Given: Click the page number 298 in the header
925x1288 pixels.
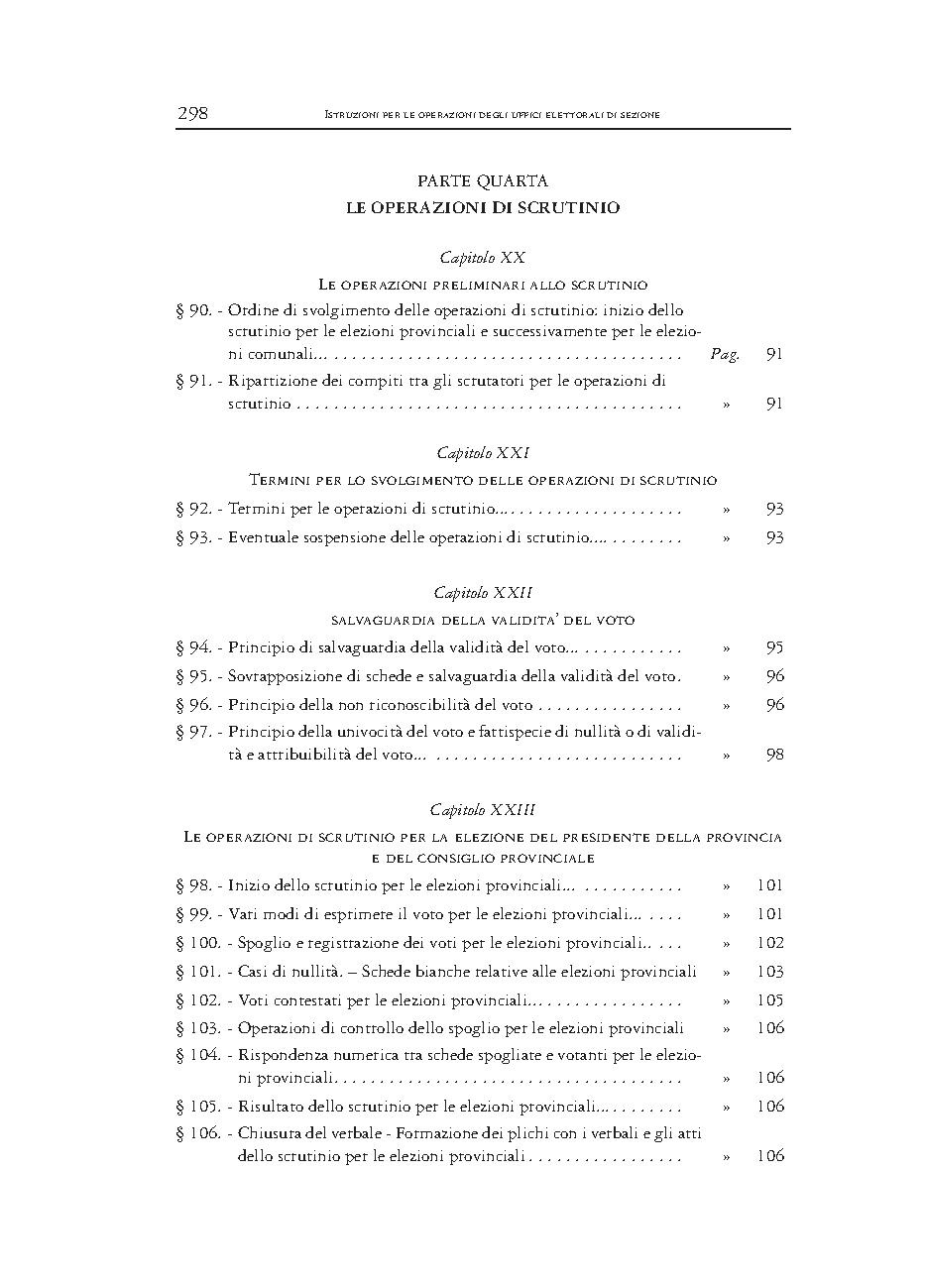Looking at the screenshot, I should (x=192, y=113).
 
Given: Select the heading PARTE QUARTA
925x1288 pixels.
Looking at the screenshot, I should (x=483, y=181).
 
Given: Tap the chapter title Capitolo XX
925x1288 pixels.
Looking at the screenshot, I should (x=483, y=258).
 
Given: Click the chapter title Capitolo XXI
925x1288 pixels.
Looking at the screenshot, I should (x=483, y=453).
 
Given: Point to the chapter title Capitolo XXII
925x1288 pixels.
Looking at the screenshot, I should (x=483, y=592).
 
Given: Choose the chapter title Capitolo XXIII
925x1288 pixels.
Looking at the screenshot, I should (x=483, y=810).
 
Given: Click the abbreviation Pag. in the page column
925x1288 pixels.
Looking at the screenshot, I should (x=725, y=354).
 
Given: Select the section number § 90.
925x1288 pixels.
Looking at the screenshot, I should (x=193, y=310).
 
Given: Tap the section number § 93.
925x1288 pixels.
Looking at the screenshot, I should (x=193, y=537).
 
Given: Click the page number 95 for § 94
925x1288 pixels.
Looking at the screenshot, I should (x=774, y=647).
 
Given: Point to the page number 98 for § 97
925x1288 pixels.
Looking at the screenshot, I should (x=774, y=755).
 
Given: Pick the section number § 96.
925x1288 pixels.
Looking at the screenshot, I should (x=193, y=705).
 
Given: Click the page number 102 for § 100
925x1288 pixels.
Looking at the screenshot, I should (x=769, y=943).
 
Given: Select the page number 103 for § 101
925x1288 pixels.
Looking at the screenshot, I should (x=769, y=972).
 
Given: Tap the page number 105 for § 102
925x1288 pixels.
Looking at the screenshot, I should (x=769, y=1000).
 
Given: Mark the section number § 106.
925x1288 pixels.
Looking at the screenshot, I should (x=198, y=1132).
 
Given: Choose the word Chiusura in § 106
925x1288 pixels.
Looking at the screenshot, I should (x=269, y=1132).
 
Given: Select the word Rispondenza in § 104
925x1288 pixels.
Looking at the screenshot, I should (x=281, y=1056).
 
